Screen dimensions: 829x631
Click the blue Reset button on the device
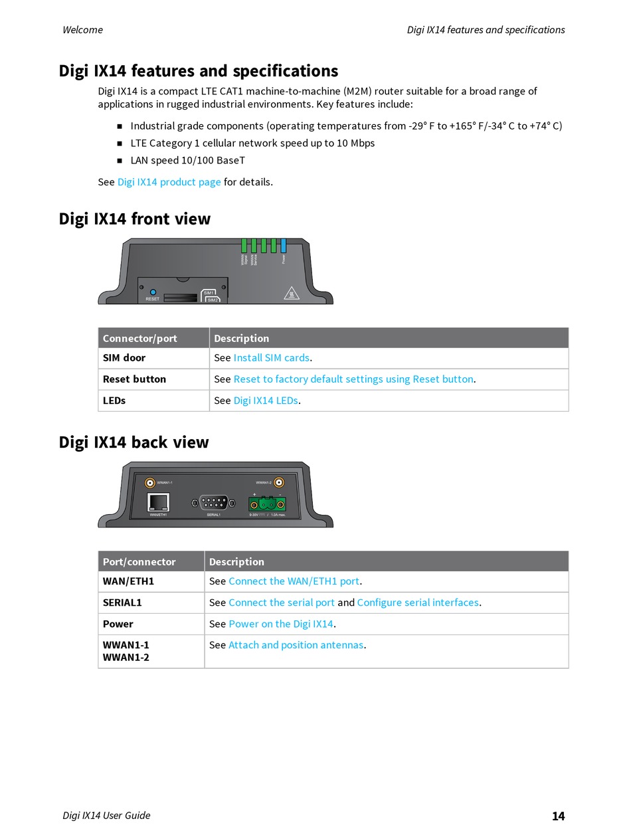pos(153,292)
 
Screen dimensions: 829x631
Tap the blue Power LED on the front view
pos(284,246)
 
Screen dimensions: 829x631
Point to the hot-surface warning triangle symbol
pos(290,293)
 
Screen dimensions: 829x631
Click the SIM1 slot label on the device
pos(209,292)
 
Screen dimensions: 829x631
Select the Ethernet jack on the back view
pos(158,502)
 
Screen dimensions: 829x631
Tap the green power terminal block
pos(267,503)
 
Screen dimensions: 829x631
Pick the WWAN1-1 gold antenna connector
pos(151,483)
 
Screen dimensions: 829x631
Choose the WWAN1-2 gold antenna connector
pos(280,482)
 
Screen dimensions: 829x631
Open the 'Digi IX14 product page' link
pos(169,182)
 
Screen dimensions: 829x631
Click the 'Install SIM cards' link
pos(272,358)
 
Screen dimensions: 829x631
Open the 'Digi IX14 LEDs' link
pos(266,401)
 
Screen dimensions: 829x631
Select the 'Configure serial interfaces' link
pos(418,602)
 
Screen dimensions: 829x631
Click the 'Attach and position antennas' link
pos(296,645)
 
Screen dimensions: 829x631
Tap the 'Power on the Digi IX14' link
pos(281,624)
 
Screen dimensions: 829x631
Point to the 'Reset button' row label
pos(135,379)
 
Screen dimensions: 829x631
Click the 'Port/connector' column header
pos(139,562)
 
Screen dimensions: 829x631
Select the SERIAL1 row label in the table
pos(123,602)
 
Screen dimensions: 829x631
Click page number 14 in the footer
pos(558,816)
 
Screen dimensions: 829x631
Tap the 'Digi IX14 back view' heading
pos(134,442)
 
